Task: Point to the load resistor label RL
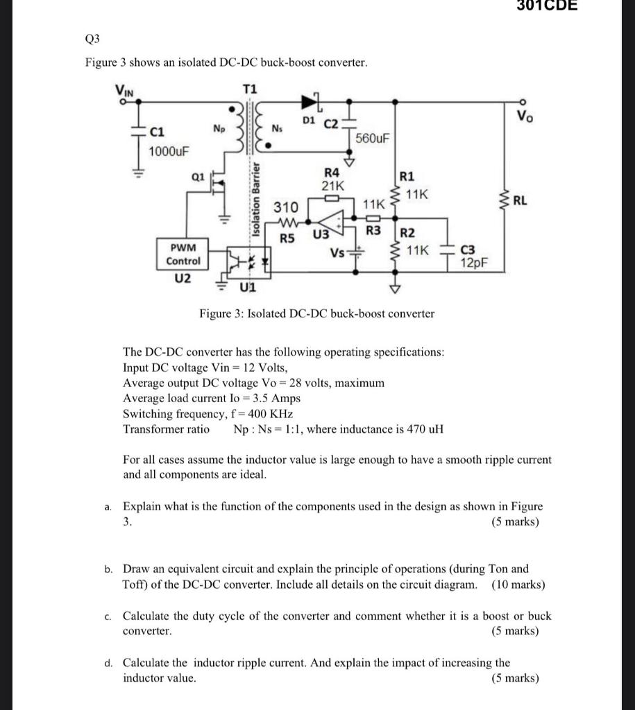[x=520, y=202]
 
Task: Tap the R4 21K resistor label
[x=332, y=179]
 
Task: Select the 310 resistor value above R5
[x=285, y=207]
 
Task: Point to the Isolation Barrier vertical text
[x=255, y=198]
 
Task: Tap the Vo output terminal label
[x=525, y=116]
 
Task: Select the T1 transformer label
[x=250, y=89]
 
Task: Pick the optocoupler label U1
[x=247, y=286]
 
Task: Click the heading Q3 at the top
[x=94, y=39]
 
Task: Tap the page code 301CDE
[x=548, y=6]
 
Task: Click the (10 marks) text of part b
[x=518, y=585]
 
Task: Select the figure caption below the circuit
[x=317, y=313]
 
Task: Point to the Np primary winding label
[x=219, y=128]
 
